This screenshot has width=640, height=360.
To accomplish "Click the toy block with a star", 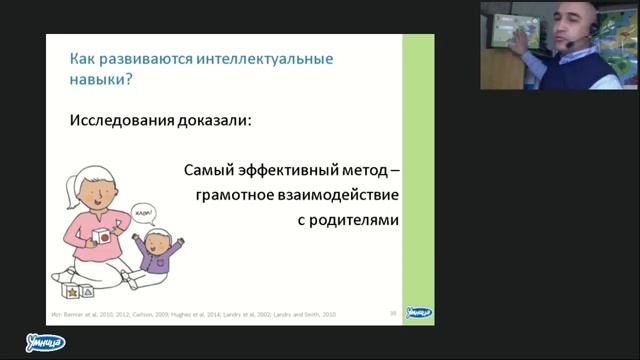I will click(x=71, y=291).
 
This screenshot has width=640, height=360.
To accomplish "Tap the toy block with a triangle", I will click(x=89, y=291).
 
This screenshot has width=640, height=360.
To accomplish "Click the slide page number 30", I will click(x=393, y=314).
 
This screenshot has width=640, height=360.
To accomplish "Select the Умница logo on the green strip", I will click(x=418, y=312).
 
